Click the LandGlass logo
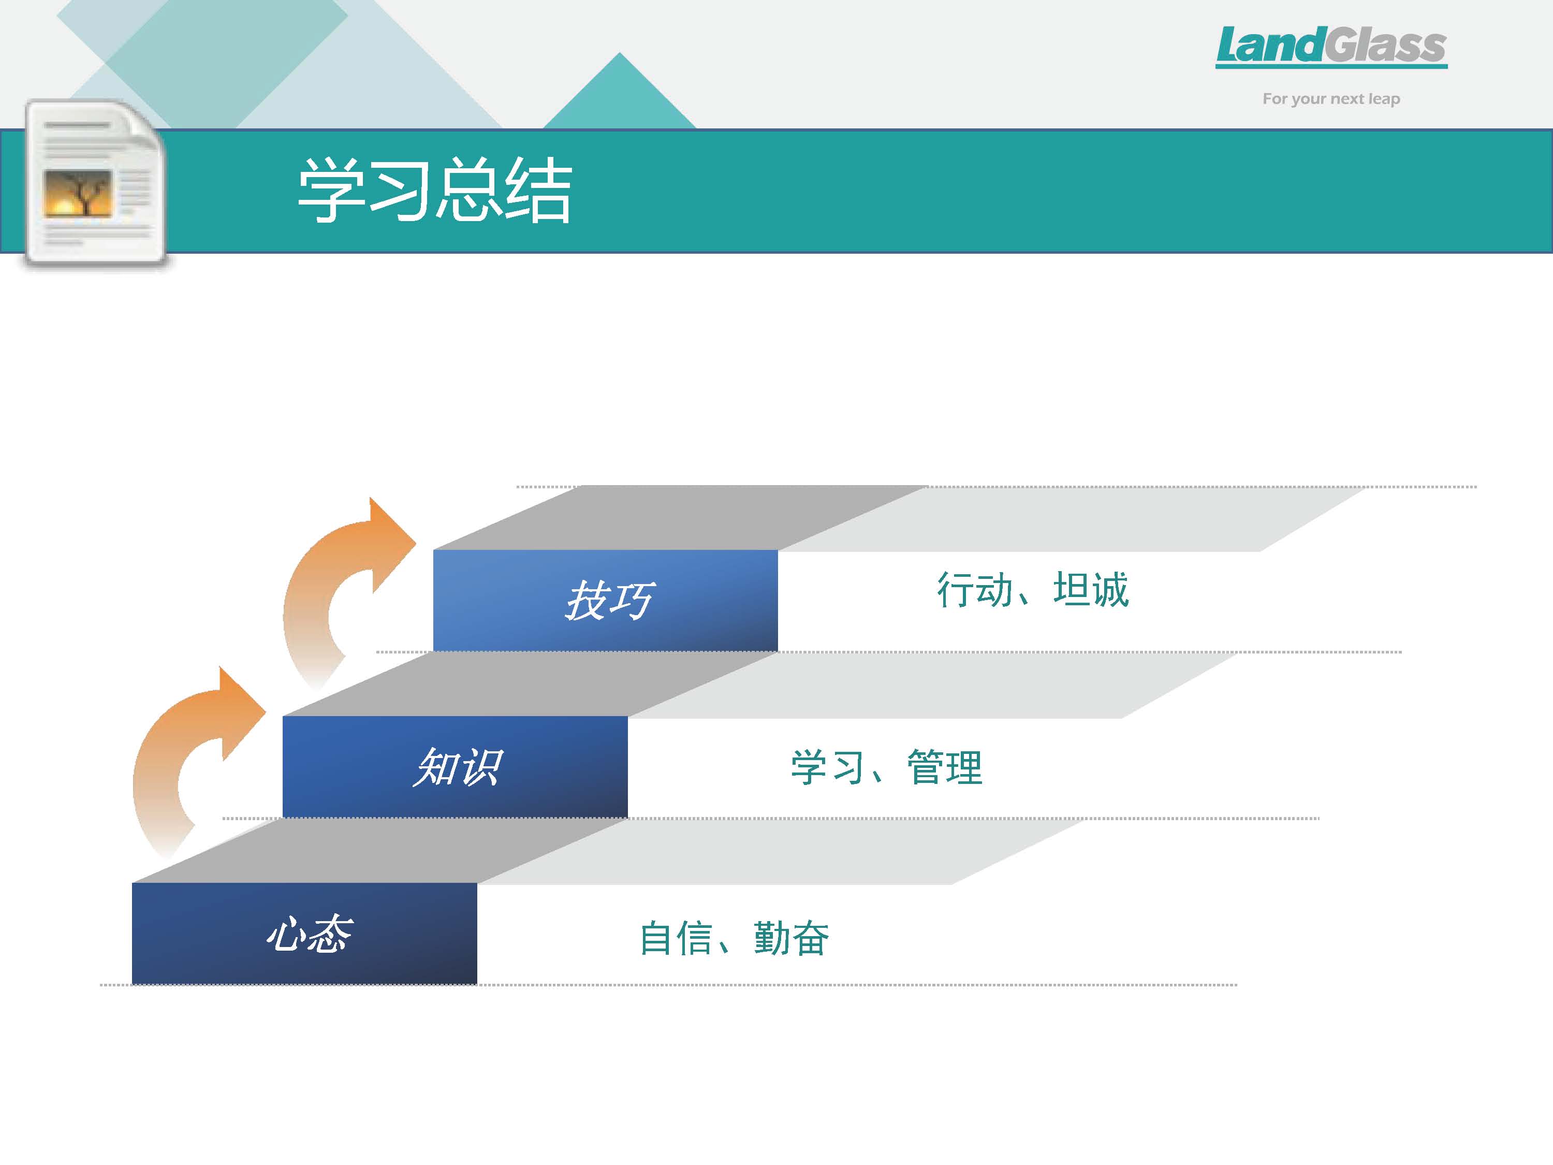click(1331, 47)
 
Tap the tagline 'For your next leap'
click(1331, 99)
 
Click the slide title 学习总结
click(435, 190)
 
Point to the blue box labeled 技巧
click(605, 601)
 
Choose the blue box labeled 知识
click(455, 767)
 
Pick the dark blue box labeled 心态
click(305, 933)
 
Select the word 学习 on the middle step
click(828, 767)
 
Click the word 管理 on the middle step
click(945, 767)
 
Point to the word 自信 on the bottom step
click(676, 938)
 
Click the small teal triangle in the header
click(619, 91)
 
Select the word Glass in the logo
click(1385, 45)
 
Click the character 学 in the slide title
click(331, 190)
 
